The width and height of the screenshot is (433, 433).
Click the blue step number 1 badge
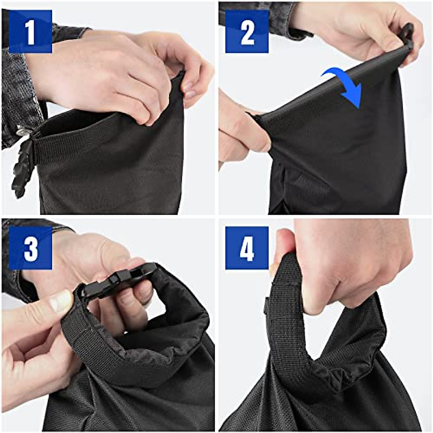click(x=30, y=32)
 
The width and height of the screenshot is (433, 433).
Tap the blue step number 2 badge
click(x=247, y=32)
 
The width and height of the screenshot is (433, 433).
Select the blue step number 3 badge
click(x=30, y=248)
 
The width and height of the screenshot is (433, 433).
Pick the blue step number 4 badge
click(x=247, y=248)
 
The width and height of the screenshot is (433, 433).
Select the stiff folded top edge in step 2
click(x=336, y=83)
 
